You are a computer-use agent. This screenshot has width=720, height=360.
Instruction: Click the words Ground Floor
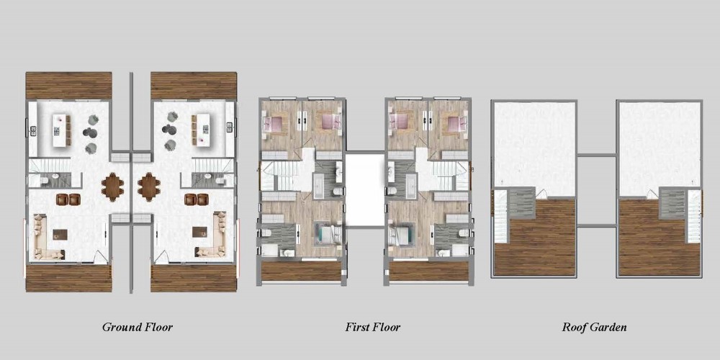pos(138,328)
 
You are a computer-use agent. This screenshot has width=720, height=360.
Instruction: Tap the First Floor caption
pos(372,328)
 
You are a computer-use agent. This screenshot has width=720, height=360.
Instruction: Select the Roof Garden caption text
pos(594,328)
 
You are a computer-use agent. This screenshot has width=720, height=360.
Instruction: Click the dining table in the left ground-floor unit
pos(112,186)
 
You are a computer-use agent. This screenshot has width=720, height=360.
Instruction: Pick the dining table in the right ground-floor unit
pos(149,186)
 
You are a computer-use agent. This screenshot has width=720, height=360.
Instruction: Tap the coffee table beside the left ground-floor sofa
pos(60,234)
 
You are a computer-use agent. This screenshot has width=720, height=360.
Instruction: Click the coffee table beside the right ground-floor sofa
pos(199,232)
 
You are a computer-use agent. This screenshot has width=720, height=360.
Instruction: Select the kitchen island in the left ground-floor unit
pos(60,130)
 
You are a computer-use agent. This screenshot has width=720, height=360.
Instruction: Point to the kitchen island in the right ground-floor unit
pos(202,130)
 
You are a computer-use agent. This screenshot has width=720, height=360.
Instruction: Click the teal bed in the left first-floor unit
pos(327,233)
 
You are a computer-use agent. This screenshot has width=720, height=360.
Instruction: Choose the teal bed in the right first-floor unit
pos(402,234)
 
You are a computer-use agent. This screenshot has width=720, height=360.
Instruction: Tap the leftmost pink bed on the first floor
pos(274,122)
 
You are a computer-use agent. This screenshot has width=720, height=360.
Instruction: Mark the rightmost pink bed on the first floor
pos(454,122)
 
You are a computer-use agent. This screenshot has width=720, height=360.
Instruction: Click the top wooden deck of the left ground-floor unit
pos(69,86)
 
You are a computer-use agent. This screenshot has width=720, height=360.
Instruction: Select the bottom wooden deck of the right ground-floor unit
pos(193,278)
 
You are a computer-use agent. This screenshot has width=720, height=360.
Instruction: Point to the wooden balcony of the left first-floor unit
pos(301,271)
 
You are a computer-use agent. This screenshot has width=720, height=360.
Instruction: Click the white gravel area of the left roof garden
pos(534,147)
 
